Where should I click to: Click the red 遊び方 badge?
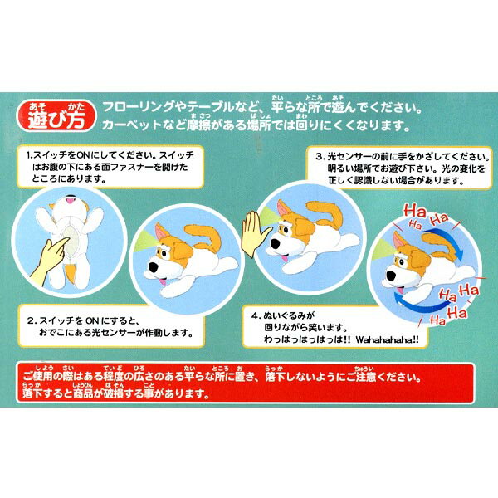click(56, 116)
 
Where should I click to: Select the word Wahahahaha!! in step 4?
click(387, 339)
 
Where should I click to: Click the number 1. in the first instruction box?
click(29, 156)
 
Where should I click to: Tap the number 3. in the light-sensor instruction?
click(320, 156)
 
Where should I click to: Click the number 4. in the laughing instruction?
click(256, 315)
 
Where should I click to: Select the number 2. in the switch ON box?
click(32, 320)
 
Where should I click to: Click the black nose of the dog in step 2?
click(154, 266)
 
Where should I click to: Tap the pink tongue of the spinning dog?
click(400, 290)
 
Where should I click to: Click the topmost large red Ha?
click(414, 211)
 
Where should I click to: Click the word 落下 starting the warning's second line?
click(32, 393)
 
